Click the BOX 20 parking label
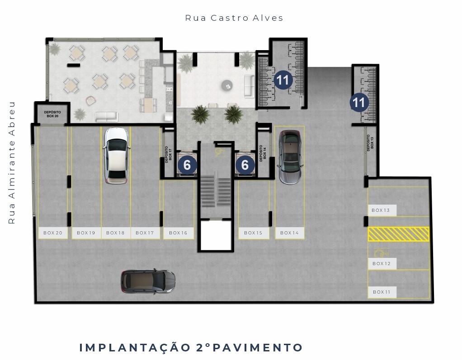pos(53,233)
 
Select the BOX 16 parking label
pos(178,233)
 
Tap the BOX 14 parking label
pos(290,233)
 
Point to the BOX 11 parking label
pos(382,292)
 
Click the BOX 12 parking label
pos(382,263)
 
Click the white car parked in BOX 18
pos(117,156)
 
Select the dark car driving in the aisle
pos(148,281)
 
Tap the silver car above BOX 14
pos(290,157)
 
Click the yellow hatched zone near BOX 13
pos(398,234)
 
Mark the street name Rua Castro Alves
pos(234,18)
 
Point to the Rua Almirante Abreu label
pos(11,163)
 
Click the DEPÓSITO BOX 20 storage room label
pos(52,114)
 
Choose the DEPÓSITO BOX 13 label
pos(370,143)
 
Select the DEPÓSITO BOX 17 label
pos(169,154)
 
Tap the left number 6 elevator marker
pos(187,165)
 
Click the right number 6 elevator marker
pos(245,165)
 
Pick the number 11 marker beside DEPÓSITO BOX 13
pos(359,103)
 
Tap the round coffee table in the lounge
pos(227,86)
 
